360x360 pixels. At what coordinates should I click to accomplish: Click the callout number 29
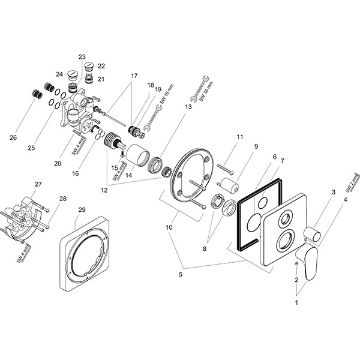(82, 209)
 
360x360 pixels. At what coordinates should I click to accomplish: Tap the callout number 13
(188, 106)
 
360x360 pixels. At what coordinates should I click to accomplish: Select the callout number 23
(82, 57)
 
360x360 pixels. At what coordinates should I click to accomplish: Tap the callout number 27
(38, 184)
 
